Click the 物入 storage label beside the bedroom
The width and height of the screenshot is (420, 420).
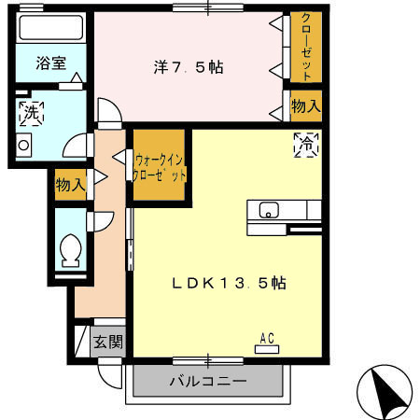pyautogui.click(x=305, y=106)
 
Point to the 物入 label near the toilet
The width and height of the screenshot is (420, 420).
pyautogui.click(x=71, y=184)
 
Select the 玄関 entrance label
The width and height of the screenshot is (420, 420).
pyautogui.click(x=107, y=343)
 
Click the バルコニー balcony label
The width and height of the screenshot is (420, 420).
pyautogui.click(x=207, y=381)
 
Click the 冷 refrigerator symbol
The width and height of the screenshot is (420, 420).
pyautogui.click(x=305, y=144)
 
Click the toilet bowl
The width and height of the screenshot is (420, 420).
pyautogui.click(x=69, y=251)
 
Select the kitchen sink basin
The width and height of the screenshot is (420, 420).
pyautogui.click(x=268, y=210)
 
